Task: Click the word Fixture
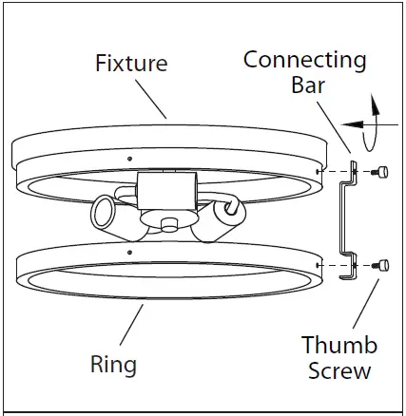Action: click(131, 65)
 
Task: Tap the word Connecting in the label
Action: click(304, 60)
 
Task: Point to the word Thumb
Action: click(339, 345)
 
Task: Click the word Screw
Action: click(339, 369)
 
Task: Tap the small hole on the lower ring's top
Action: click(127, 250)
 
